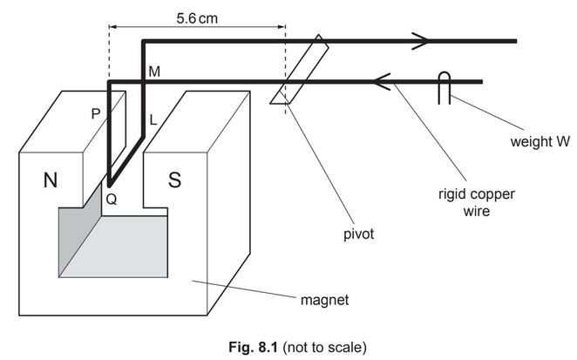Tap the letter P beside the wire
pyautogui.click(x=96, y=112)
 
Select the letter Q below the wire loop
pyautogui.click(x=111, y=198)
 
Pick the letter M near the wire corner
pyautogui.click(x=153, y=71)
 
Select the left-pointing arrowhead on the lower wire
pyautogui.click(x=381, y=83)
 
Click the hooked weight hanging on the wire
pyautogui.click(x=444, y=88)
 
